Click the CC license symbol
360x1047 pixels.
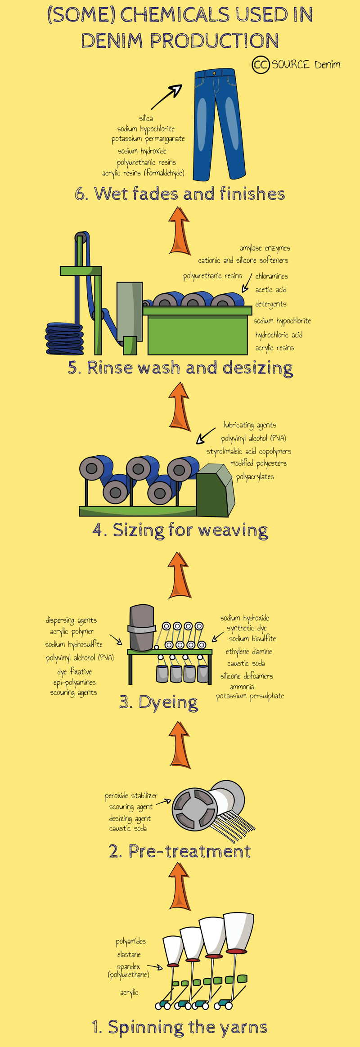coord(261,65)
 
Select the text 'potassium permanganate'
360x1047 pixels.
coord(148,139)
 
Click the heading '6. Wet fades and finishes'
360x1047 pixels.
coord(180,194)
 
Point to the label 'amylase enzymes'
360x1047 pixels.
coord(265,248)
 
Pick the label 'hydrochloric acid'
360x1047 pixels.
coord(279,335)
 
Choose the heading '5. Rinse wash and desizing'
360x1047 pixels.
coord(180,368)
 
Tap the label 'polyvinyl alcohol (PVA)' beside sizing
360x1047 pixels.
coord(253,439)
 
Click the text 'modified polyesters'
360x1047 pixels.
coord(258,463)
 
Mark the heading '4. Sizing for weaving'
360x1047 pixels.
coord(180,530)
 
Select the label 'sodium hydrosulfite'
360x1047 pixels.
coord(74,645)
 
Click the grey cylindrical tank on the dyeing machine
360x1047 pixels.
coord(142,628)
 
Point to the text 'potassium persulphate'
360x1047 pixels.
coord(250,696)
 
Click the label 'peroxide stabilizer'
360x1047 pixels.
coord(131,795)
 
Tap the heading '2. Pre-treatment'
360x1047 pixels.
coord(180,851)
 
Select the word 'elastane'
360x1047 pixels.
coord(129,954)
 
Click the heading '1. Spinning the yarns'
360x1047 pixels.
coord(180,1027)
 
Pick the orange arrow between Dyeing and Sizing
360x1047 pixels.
coord(180,575)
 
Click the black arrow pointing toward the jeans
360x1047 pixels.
coord(166,97)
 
